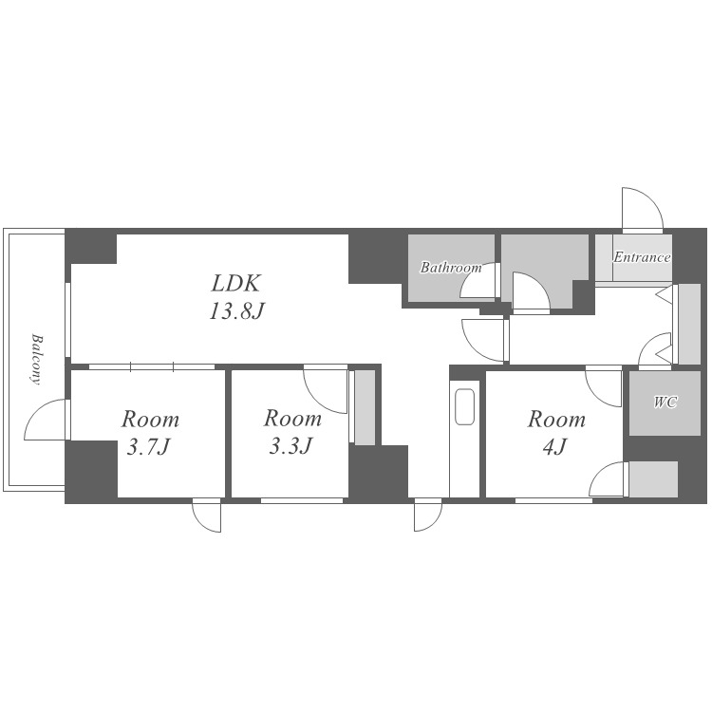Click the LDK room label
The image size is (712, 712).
(235, 284)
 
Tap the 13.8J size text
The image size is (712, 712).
(236, 312)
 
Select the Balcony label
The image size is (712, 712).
(36, 359)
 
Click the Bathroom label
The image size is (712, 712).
(451, 268)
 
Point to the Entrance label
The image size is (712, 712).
(642, 257)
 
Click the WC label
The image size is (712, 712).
(665, 402)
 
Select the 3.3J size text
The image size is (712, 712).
(291, 446)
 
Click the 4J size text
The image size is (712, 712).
(555, 447)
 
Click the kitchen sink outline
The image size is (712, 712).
(464, 406)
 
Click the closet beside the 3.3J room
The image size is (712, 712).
(365, 407)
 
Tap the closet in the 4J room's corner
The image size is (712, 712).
(653, 479)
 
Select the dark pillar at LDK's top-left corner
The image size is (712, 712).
(91, 248)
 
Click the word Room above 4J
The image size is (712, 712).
(556, 419)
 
